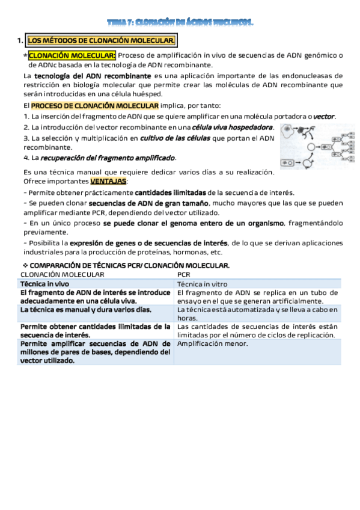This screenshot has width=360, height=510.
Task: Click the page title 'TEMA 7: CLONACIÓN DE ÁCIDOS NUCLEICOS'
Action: tap(180, 23)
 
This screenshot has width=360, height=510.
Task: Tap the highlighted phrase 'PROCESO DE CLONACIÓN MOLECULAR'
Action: tap(95, 105)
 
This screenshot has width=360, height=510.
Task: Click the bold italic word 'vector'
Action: tap(325, 116)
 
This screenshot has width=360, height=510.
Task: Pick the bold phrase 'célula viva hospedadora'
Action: tap(233, 127)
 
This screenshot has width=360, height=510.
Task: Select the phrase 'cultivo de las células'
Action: tap(175, 138)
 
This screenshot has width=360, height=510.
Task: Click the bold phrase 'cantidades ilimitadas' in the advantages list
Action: tap(170, 192)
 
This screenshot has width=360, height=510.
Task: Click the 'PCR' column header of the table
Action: tap(184, 274)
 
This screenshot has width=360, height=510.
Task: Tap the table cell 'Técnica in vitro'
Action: tap(202, 283)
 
